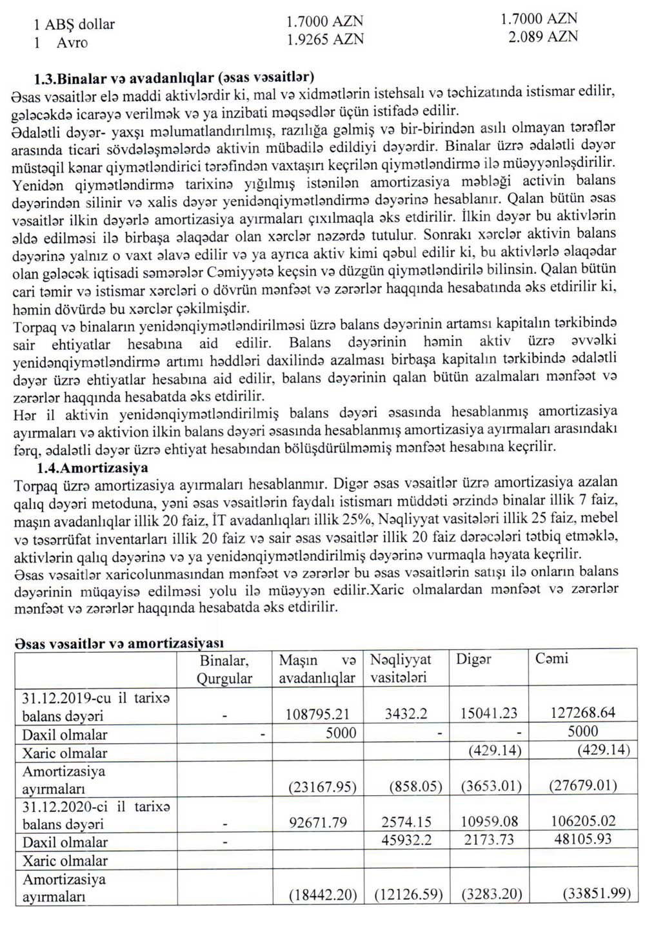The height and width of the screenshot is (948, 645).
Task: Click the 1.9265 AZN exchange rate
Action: (x=325, y=39)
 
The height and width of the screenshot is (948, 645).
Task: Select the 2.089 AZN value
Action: (x=542, y=37)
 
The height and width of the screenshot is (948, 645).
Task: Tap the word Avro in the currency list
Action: (x=72, y=43)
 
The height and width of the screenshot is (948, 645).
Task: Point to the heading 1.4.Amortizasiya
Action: (x=92, y=468)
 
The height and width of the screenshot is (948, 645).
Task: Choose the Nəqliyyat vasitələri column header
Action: (x=400, y=668)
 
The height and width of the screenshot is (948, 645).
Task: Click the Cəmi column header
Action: (x=551, y=659)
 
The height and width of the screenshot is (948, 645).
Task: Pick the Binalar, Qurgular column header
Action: (x=224, y=669)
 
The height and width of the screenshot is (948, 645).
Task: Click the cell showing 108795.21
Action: (x=317, y=713)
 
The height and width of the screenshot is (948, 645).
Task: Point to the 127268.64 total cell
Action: (x=583, y=713)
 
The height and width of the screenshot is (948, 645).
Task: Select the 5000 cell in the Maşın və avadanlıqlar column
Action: (x=341, y=732)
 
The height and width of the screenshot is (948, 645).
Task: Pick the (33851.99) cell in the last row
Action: (x=596, y=895)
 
